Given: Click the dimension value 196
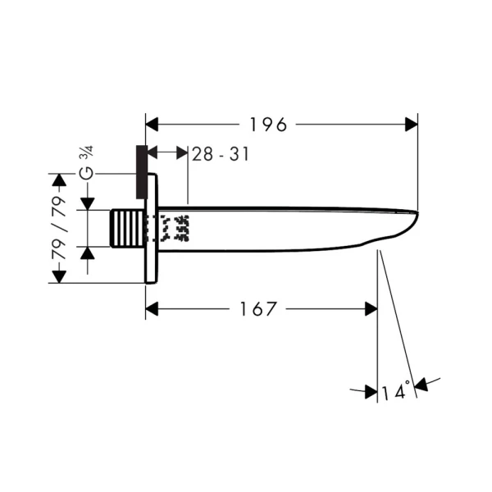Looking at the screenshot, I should [x=268, y=125].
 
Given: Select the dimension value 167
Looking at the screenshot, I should [x=259, y=309].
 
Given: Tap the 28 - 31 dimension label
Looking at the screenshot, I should [x=220, y=154].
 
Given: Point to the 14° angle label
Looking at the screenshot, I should [x=394, y=393].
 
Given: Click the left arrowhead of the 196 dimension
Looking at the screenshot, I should [x=153, y=125].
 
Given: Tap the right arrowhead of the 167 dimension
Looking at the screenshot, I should [x=371, y=309].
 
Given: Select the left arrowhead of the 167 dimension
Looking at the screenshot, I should [x=153, y=309].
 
